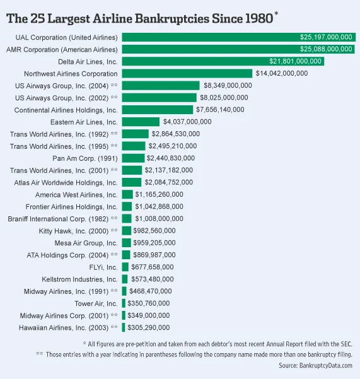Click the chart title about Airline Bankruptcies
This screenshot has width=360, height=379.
pyautogui.click(x=140, y=17)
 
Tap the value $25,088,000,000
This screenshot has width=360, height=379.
pyautogui.click(x=325, y=49)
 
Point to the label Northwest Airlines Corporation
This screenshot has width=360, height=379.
pyautogui.click(x=71, y=73)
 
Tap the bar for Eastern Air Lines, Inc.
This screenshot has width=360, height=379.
pyautogui.click(x=141, y=122)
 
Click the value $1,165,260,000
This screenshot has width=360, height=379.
pyautogui.click(x=160, y=194)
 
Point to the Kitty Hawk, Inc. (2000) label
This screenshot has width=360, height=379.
pyautogui.click(x=79, y=231)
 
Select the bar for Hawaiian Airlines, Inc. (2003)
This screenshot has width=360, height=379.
pyautogui.click(x=123, y=327)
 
